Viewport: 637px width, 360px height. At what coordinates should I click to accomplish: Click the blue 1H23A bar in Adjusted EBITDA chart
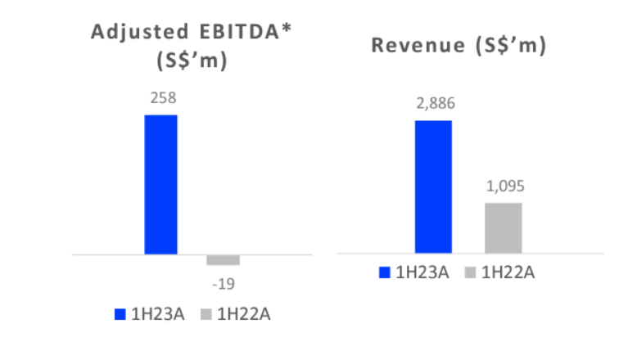(x=160, y=184)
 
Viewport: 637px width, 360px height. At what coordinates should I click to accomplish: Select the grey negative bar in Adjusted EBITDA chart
(x=223, y=260)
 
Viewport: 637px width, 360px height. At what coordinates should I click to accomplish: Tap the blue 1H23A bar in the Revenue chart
(x=433, y=187)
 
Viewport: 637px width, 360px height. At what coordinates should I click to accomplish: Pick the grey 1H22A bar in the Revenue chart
(x=503, y=227)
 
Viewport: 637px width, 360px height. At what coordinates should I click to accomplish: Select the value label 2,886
(x=434, y=104)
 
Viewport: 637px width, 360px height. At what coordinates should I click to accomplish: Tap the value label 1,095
(x=503, y=186)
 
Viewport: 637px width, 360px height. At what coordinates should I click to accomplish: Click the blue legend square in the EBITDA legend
(x=120, y=314)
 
